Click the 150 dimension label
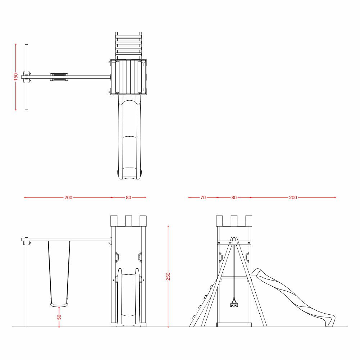click(15, 76)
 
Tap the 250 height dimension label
click(168, 277)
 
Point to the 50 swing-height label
click(59, 317)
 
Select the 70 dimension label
click(203, 197)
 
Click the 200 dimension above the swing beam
click(68, 197)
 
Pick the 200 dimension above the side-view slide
click(293, 197)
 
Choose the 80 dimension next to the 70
click(234, 197)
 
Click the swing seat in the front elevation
click(59, 305)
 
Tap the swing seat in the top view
click(59, 77)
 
